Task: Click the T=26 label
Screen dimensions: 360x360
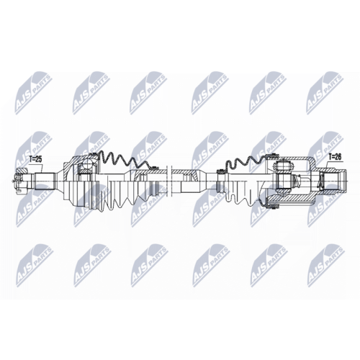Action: tap(334, 156)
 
